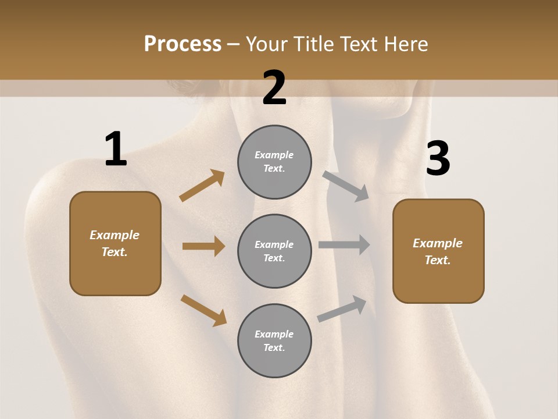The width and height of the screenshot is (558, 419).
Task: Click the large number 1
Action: click(x=116, y=149)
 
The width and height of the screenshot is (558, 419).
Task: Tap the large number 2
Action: click(x=274, y=88)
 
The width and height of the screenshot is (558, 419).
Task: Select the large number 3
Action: click(x=438, y=158)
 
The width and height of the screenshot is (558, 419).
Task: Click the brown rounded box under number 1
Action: click(x=115, y=243)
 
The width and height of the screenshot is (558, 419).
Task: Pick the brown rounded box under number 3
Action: click(x=438, y=251)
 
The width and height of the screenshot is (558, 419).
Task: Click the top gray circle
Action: click(x=274, y=162)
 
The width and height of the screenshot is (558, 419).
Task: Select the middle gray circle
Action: click(x=274, y=251)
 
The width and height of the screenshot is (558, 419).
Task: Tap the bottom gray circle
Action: click(x=274, y=340)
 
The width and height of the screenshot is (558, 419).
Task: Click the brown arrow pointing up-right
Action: click(x=202, y=186)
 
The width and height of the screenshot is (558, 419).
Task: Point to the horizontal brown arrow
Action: click(x=203, y=246)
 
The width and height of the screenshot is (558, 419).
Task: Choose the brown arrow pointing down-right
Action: click(x=203, y=310)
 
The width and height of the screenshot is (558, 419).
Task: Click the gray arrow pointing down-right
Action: click(x=346, y=186)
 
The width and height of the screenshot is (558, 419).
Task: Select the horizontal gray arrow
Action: click(x=344, y=245)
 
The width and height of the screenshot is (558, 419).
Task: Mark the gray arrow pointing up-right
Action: click(x=342, y=308)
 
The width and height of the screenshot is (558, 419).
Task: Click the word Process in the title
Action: click(x=183, y=44)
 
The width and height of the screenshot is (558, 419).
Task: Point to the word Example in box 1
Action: click(x=115, y=235)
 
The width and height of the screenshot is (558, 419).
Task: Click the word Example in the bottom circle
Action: click(x=274, y=334)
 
